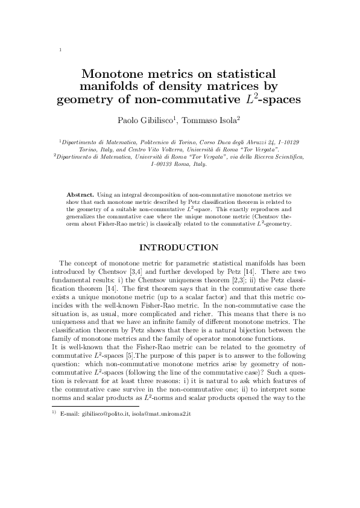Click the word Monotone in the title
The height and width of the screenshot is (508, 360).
(114, 74)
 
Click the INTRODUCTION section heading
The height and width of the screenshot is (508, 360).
(179, 247)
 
